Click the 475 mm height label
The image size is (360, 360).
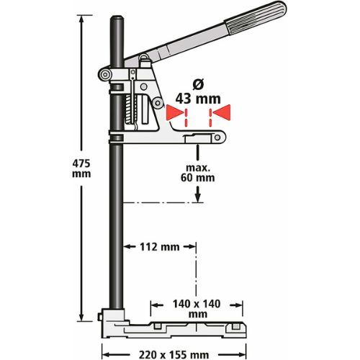[84, 169]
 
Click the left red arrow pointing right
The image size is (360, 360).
[174, 112]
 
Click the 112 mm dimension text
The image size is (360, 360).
[159, 247]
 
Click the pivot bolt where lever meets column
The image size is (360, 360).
[106, 75]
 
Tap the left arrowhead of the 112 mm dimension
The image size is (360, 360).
[124, 247]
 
